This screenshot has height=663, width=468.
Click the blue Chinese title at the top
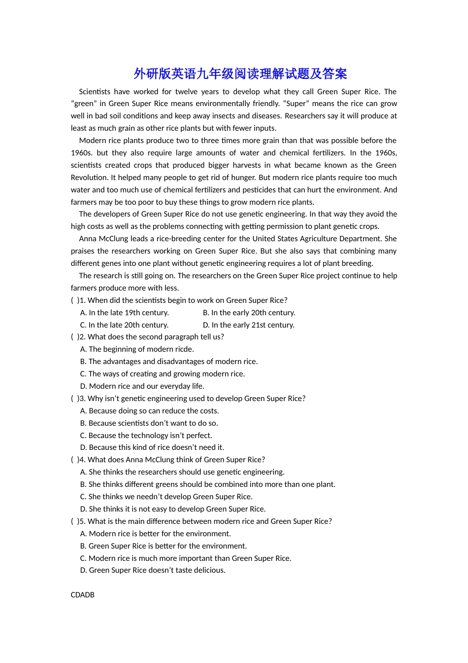coord(240,74)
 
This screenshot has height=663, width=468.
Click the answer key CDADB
coord(82,595)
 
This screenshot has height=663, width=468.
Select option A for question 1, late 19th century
coord(124,313)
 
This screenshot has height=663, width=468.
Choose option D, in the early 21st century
coord(248,325)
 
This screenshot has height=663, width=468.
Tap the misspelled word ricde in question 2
coord(183,349)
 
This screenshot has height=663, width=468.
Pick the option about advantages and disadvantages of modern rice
coord(168,362)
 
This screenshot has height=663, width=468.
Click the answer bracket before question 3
coord(74,399)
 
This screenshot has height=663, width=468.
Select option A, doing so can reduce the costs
coord(149,411)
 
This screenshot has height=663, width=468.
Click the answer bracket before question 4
coord(74,460)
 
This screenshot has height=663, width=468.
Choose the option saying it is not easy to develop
coord(172,509)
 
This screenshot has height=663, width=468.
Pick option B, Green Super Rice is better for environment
coord(163,546)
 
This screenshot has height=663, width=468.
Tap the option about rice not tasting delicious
coord(153,570)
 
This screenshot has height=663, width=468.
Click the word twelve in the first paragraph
coord(186,92)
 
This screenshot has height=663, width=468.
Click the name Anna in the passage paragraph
coord(88,239)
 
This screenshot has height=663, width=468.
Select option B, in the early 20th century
coord(249,313)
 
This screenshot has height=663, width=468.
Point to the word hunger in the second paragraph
coord(243,178)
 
